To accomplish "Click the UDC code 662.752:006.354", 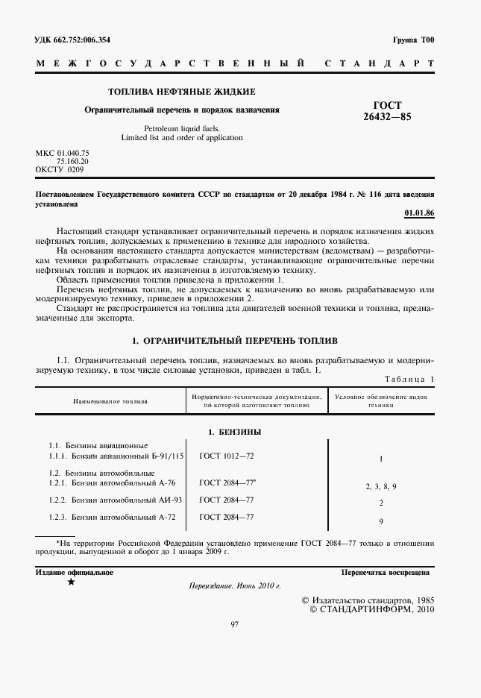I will tap(78, 40).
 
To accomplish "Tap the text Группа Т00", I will tap(412, 40).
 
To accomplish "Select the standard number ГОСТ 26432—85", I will tap(386, 111).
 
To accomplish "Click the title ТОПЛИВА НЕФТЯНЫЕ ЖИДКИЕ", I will tap(182, 92).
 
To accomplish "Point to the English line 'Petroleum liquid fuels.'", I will tap(182, 128).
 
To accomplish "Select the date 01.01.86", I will tap(419, 213).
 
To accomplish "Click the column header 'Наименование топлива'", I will tap(110, 401).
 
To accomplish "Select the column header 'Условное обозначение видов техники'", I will tap(380, 401).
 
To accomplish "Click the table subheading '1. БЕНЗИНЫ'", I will tap(234, 432).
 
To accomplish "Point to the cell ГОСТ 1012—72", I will tap(227, 455).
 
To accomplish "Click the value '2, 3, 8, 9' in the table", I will tap(380, 486).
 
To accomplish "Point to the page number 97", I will tap(234, 624).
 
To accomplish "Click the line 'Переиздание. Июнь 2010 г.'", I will tap(234, 587).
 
